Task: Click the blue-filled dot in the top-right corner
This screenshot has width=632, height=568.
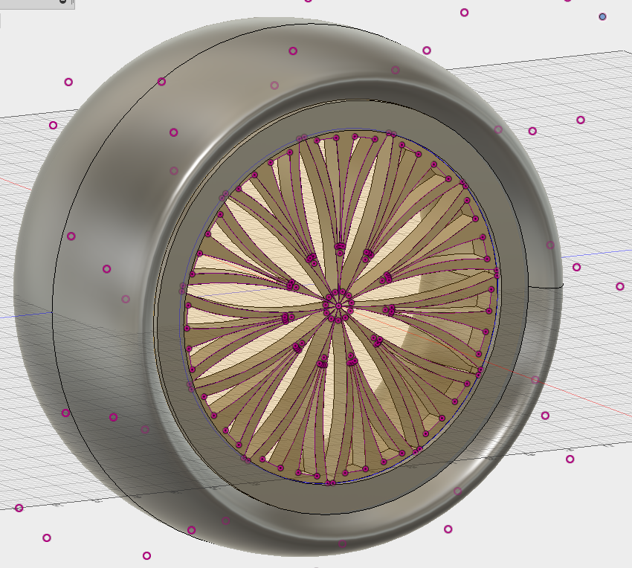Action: (x=602, y=16)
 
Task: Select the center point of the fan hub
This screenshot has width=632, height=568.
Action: (x=338, y=306)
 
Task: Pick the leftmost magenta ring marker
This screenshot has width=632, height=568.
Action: (x=19, y=508)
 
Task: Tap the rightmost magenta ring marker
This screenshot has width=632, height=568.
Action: (x=619, y=286)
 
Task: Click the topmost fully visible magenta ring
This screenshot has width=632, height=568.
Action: (x=465, y=13)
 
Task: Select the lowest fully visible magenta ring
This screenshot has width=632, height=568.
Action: (x=146, y=555)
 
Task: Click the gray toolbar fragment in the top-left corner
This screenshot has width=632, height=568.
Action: (x=37, y=4)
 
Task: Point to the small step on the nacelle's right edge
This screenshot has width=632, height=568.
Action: (x=559, y=284)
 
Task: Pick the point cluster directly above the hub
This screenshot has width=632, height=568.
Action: (x=338, y=246)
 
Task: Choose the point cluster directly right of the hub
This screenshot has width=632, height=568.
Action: (x=387, y=309)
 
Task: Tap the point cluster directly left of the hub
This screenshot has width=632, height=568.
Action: (x=286, y=318)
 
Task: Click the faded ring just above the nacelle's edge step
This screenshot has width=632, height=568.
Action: (x=550, y=245)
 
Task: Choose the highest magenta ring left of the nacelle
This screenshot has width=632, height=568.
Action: (x=68, y=82)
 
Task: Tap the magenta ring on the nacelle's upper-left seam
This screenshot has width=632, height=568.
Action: (x=161, y=82)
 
